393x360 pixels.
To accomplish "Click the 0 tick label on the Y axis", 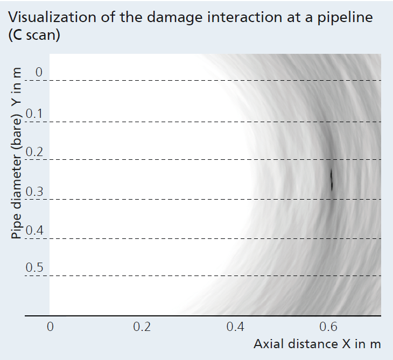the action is [39, 72].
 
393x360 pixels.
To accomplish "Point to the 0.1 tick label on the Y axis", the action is [34, 114].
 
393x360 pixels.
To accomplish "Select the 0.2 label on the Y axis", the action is [34, 152].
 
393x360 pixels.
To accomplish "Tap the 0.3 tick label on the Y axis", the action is [34, 192].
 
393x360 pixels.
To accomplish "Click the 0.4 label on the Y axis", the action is [34, 230].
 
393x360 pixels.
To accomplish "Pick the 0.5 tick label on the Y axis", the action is [34, 267].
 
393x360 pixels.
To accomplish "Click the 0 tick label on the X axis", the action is [50, 327].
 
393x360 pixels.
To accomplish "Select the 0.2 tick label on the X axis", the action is [142, 327].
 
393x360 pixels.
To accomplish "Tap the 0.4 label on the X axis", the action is [235, 327].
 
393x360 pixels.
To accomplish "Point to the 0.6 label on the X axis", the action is [328, 327].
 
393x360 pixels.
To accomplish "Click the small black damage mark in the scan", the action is [332, 179].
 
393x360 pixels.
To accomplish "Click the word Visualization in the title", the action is [52, 17].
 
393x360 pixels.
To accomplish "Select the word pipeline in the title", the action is [345, 18].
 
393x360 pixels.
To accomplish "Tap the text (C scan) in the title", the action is [34, 35].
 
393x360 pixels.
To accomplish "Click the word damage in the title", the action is [174, 18].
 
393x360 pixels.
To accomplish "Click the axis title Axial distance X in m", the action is [317, 344].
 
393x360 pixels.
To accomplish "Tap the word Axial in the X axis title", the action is [269, 344].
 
